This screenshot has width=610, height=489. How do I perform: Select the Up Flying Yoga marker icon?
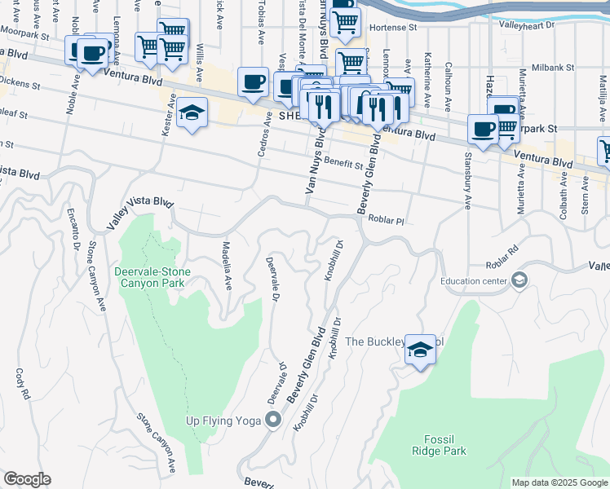click(273, 421)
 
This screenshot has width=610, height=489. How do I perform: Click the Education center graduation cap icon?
click(519, 281)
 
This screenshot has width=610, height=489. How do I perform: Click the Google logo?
click(27, 479)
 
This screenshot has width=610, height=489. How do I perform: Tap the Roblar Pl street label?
click(387, 219)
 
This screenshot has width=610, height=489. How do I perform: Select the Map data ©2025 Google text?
click(559, 482)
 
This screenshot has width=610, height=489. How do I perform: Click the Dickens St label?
click(22, 81)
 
